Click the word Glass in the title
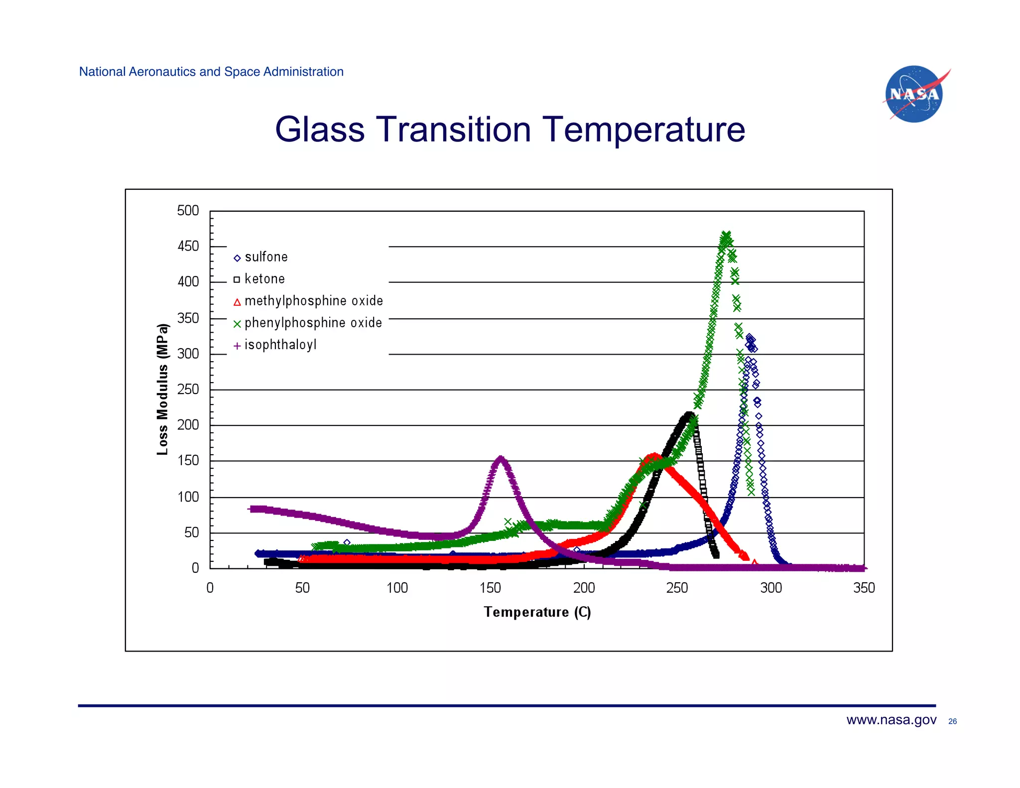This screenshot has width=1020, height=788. coord(319,130)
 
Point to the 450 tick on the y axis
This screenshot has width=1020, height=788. coord(188,246)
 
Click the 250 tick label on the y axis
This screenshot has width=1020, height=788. coord(188,389)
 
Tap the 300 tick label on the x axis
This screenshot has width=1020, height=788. coord(770,588)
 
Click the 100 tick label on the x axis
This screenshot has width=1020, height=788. coord(397,588)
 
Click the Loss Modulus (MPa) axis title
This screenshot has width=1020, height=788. coord(162,389)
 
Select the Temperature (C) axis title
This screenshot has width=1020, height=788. coord(537,612)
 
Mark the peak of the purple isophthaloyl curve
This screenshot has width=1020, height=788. coord(500,458)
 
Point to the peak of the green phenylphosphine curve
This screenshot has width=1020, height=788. coord(726,234)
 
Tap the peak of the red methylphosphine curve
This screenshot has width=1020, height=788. coord(653,455)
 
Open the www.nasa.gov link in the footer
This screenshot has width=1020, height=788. coord(891,720)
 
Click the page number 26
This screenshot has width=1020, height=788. coord(952,721)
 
